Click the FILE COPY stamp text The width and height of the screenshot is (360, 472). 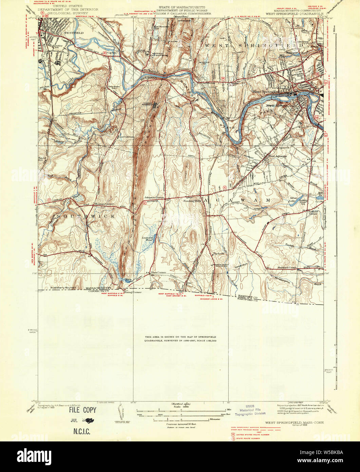pos(83,410)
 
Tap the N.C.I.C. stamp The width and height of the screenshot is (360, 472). pos(81,432)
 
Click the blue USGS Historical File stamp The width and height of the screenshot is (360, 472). pos(250,410)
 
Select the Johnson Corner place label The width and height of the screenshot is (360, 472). pos(154,197)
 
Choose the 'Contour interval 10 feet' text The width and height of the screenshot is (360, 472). pos(181,424)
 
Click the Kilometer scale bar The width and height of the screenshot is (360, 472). pos(181,419)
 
